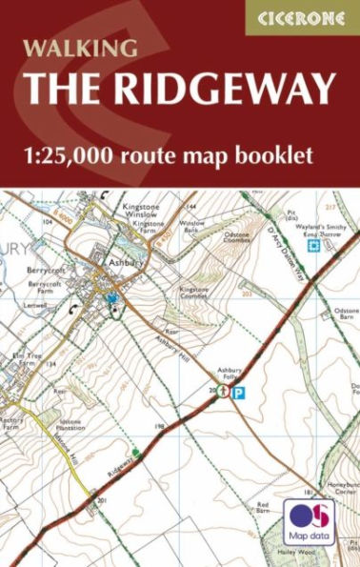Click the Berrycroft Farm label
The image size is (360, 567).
[45, 289]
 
